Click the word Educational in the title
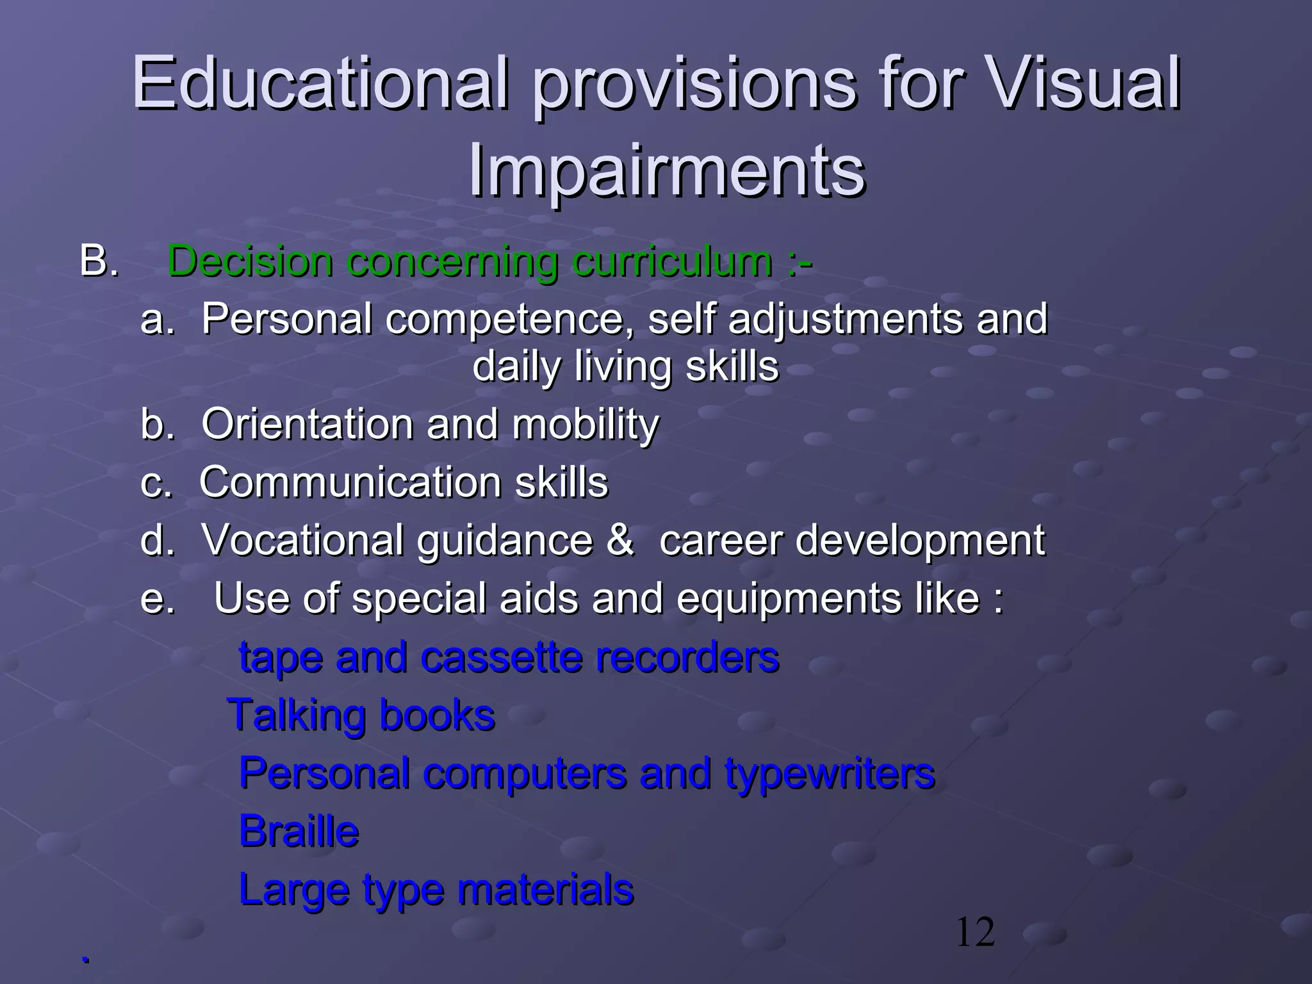tap(320, 83)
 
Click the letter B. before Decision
tap(99, 261)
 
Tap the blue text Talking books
tap(361, 716)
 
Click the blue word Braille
tap(299, 832)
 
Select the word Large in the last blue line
tap(294, 890)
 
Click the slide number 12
tap(975, 933)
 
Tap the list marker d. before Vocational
tap(157, 540)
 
